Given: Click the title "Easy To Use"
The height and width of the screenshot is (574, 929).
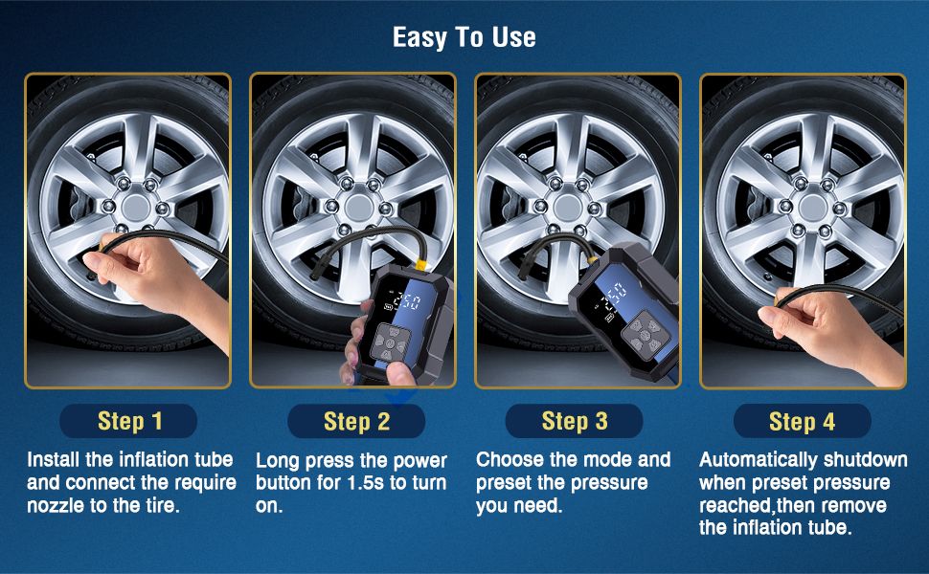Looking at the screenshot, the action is (464, 37).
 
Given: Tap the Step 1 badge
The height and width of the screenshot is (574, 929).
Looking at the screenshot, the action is (128, 421).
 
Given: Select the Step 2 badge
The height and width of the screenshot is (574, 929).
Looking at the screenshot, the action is (356, 421).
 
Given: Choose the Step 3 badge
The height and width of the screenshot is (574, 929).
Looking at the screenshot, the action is (574, 421).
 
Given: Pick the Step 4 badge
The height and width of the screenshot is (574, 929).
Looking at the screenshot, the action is (802, 422).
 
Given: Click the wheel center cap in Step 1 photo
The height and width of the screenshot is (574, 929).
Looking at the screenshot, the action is (136, 207).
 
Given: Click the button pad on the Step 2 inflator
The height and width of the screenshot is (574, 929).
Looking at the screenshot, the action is (389, 342).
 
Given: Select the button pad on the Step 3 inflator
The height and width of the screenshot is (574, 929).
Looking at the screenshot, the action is (646, 334).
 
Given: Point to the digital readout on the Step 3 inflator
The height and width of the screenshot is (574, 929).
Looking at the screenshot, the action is (613, 297).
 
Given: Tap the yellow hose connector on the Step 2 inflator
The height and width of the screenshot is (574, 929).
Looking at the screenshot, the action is (421, 263).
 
